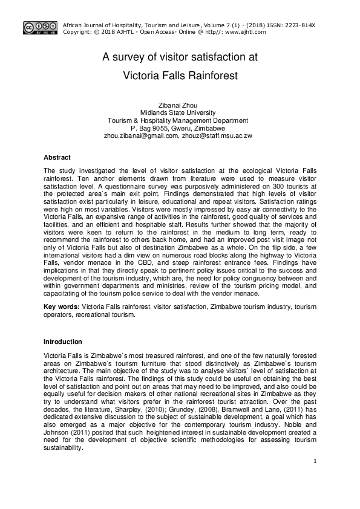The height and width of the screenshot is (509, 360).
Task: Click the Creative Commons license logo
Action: click(40, 27)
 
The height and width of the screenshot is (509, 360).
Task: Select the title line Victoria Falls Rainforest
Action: click(180, 76)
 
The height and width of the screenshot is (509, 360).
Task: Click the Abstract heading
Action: click(57, 158)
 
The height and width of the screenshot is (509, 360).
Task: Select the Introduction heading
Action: click(67, 342)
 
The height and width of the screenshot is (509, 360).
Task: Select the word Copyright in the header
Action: click(78, 32)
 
